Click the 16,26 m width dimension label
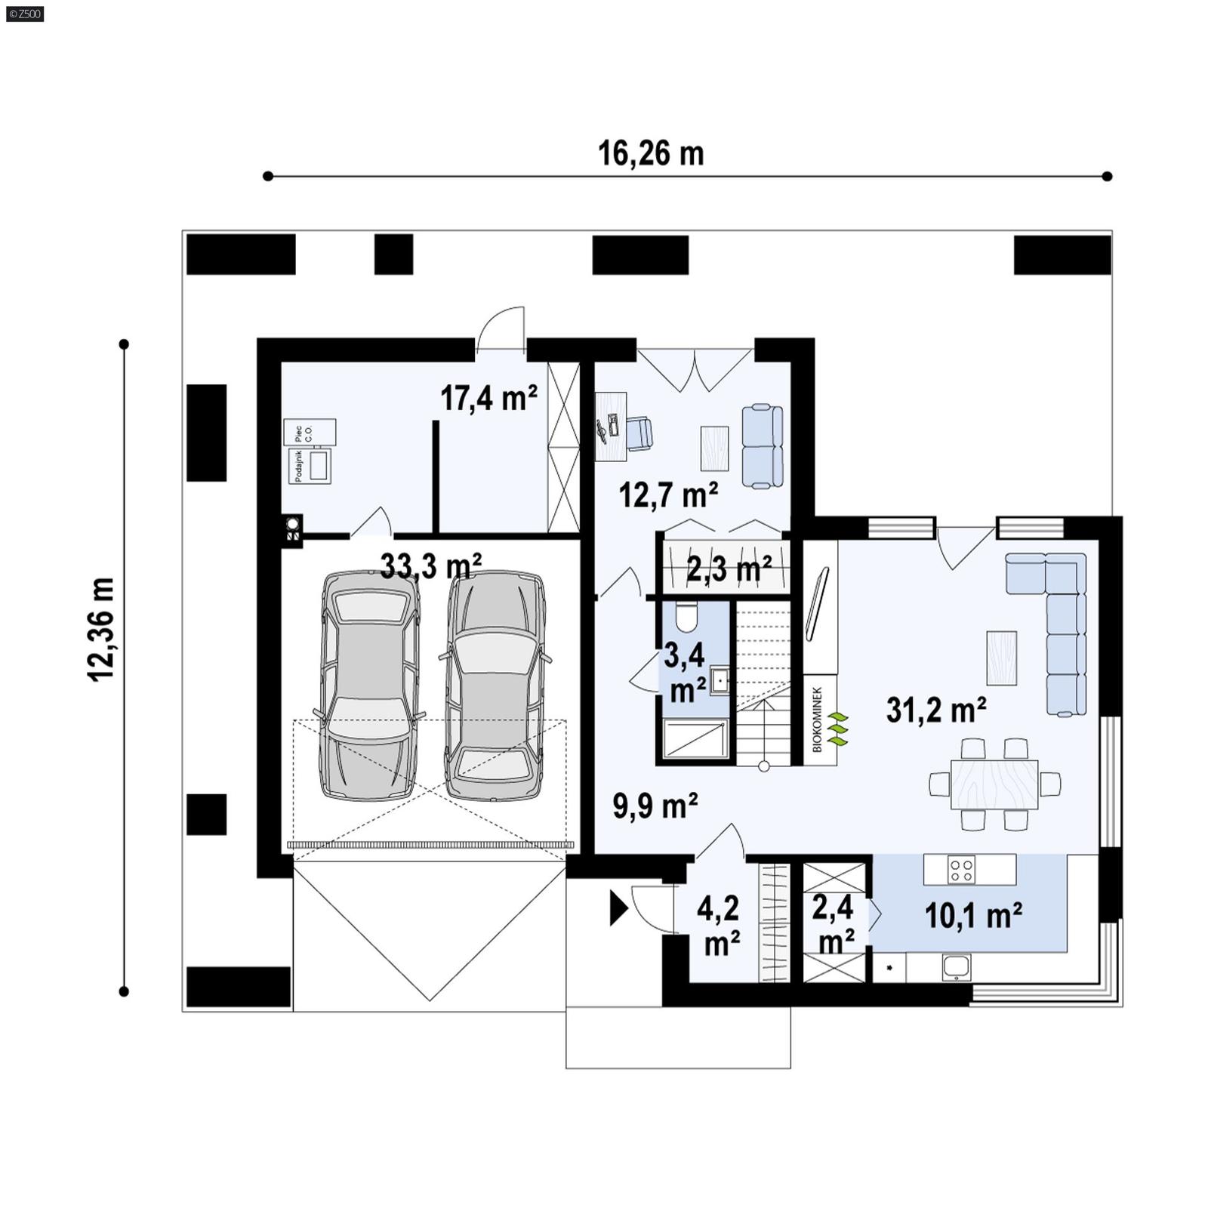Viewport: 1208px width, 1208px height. click(651, 153)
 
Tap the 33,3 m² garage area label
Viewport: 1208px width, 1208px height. click(431, 565)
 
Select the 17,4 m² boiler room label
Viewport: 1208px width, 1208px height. click(488, 398)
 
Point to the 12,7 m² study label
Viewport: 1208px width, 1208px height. click(668, 495)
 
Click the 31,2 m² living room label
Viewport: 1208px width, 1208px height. click(936, 710)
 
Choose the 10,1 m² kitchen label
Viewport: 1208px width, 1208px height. click(973, 916)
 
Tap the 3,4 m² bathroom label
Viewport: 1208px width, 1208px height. click(685, 672)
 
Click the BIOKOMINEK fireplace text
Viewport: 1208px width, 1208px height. click(817, 719)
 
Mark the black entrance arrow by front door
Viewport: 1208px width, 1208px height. click(618, 908)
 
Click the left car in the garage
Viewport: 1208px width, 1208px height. click(369, 684)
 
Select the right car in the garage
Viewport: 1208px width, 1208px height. click(495, 684)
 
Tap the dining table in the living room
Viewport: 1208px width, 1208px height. click(994, 784)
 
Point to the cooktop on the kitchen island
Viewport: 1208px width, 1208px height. click(961, 869)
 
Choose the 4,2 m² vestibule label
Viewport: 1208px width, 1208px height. click(719, 926)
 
